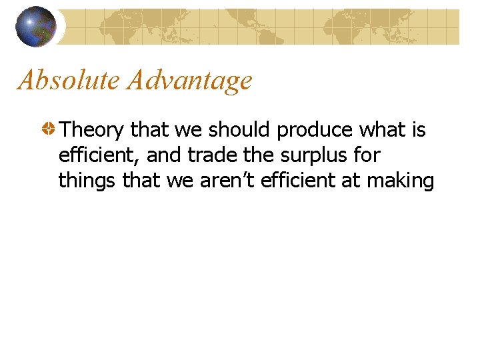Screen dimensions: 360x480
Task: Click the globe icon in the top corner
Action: pos(36,27)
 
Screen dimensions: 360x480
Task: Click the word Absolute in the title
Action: pos(69,81)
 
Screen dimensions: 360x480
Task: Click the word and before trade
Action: pos(161,155)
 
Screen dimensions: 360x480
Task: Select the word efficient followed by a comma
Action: pos(98,155)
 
